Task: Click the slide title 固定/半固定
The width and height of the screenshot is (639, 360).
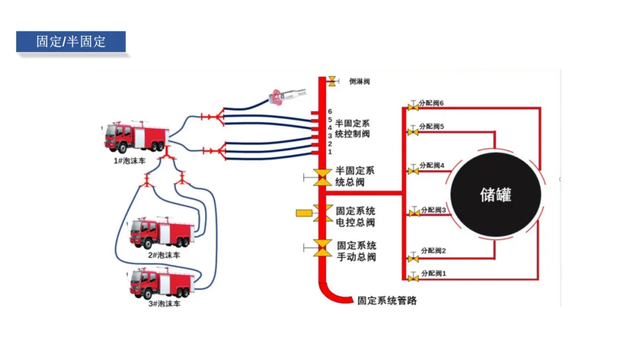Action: point(71,41)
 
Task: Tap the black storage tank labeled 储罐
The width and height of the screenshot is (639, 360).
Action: point(496,194)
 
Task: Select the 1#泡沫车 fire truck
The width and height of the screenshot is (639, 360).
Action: point(135,137)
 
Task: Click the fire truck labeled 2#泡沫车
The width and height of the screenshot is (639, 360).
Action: point(161,233)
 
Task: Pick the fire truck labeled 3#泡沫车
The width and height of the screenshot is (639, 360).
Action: point(162,283)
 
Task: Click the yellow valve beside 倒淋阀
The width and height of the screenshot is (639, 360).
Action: point(333,81)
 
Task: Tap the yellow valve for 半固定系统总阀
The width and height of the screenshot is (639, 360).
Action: point(322,178)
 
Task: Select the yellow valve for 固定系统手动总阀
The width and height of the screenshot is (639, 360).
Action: point(322,248)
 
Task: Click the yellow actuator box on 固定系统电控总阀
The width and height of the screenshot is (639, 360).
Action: point(304,213)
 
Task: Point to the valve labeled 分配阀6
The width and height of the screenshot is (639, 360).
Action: point(413,107)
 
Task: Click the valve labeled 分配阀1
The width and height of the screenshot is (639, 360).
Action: point(413,278)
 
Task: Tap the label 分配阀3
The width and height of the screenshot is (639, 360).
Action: point(433,210)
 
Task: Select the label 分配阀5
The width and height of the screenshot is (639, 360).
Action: point(431,126)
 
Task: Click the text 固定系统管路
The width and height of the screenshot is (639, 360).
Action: point(387,301)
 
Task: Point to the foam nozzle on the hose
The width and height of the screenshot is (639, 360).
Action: point(286,97)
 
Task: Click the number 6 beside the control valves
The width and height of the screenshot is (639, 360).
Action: point(330,111)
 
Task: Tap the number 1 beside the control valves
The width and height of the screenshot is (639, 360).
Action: point(330,152)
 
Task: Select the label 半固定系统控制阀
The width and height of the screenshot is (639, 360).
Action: point(352,128)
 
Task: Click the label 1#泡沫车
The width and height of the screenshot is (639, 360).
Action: point(129,161)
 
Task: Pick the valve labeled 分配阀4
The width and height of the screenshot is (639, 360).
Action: point(413,171)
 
